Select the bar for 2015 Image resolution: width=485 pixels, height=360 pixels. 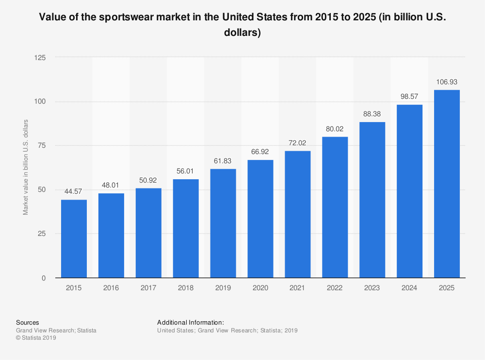(x=74, y=238)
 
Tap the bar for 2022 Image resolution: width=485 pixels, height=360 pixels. (x=335, y=207)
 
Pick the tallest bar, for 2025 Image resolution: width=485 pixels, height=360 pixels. (x=447, y=184)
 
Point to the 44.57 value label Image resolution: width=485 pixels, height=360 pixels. (x=74, y=191)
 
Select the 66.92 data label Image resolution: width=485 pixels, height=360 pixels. (x=260, y=152)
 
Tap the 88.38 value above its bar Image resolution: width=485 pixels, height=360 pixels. (x=372, y=114)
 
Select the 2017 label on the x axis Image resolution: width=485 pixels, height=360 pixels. (x=148, y=288)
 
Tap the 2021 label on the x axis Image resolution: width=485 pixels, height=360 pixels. (x=298, y=288)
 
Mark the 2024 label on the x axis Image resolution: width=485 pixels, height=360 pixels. (x=409, y=288)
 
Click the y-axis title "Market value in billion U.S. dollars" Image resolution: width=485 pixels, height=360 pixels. (x=26, y=167)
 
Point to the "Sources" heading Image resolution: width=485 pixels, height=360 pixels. (x=28, y=322)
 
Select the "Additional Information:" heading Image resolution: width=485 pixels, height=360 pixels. (x=190, y=322)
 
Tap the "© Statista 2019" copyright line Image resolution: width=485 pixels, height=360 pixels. (x=36, y=338)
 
